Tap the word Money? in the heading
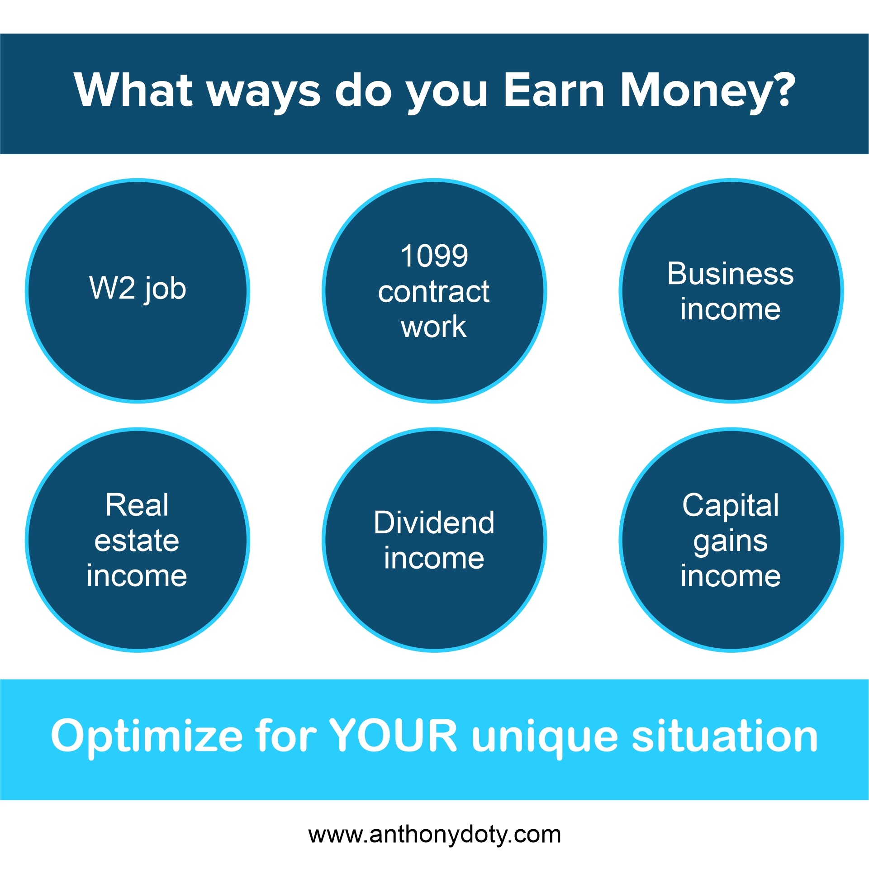tap(708, 92)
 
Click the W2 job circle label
tap(138, 289)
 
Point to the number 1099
tap(434, 256)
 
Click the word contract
tap(434, 292)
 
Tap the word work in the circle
tap(433, 327)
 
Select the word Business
tap(731, 274)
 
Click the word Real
tap(137, 505)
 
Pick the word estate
tap(137, 541)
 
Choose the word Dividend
tap(434, 522)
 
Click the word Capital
tap(731, 505)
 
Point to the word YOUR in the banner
tap(393, 736)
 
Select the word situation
tap(724, 736)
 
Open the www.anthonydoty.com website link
tap(434, 835)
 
